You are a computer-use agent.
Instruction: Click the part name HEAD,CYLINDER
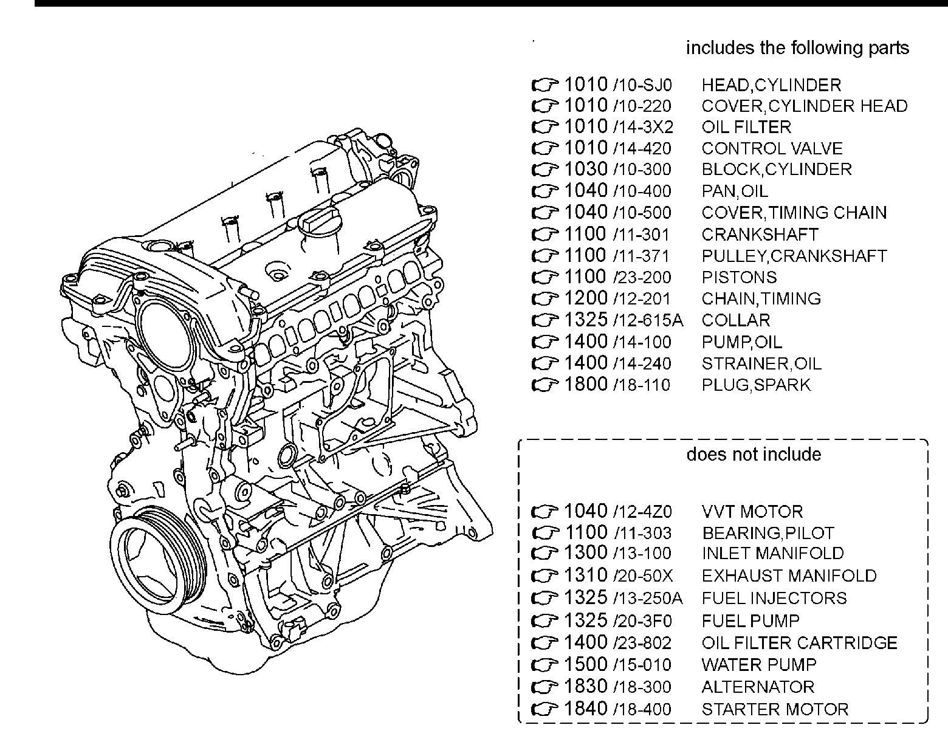771,85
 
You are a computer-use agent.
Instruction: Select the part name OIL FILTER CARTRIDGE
799,643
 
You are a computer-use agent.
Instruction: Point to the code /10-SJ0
642,86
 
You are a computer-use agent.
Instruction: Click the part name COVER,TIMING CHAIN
794,213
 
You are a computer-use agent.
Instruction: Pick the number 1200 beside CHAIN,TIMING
586,298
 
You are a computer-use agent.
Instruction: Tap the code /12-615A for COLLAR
648,320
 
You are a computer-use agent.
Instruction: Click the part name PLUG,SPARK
756,385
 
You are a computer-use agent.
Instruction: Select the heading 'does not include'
754,455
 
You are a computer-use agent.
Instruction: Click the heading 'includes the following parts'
797,48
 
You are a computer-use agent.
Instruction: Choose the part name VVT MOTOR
752,511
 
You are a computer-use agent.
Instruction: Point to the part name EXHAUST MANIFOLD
789,576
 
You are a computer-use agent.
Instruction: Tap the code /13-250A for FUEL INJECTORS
648,599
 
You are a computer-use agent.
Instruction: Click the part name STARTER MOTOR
775,709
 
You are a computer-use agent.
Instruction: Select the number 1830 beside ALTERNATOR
586,686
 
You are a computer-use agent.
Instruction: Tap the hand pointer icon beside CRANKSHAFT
544,235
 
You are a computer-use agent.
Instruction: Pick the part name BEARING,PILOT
768,533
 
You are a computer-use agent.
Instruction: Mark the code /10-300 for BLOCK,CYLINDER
642,170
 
